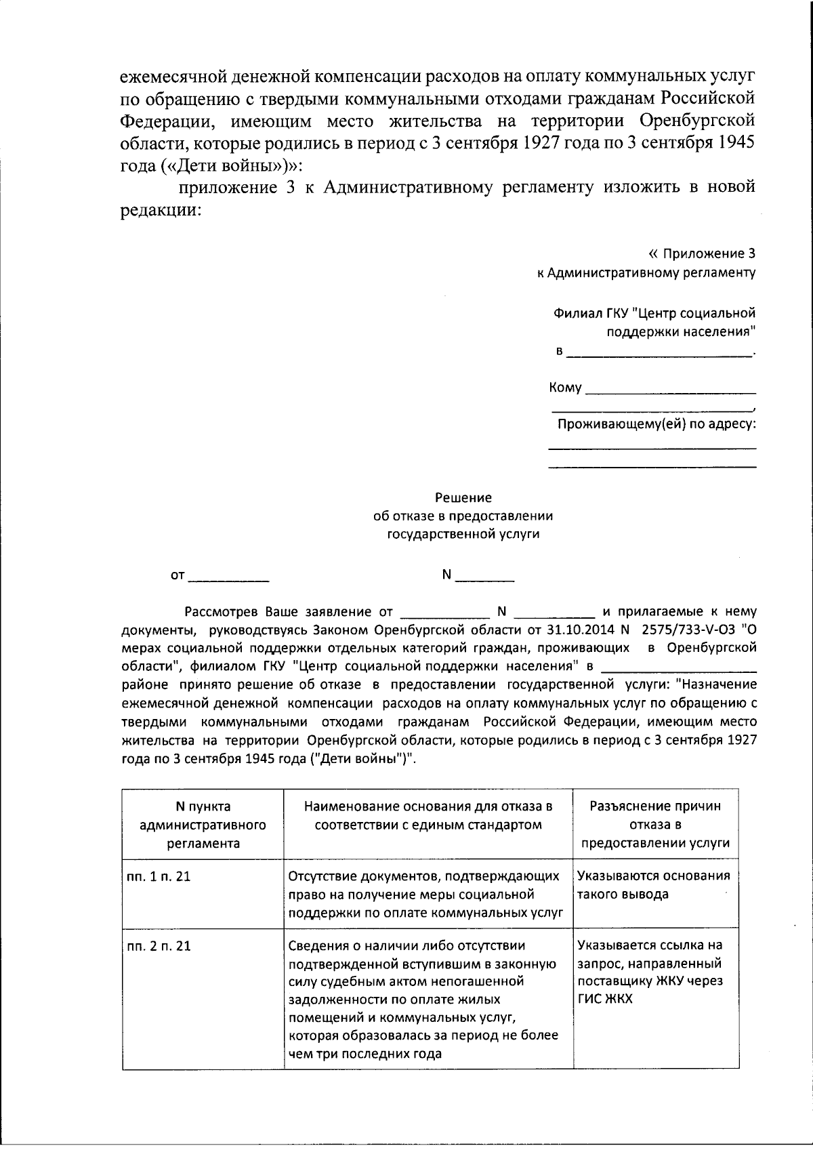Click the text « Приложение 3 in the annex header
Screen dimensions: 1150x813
click(x=701, y=254)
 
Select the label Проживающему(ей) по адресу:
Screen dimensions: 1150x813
click(x=656, y=425)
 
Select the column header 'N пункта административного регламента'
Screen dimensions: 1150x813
click(x=203, y=825)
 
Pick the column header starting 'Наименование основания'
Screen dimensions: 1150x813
click(x=428, y=815)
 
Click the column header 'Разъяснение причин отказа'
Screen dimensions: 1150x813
click(x=655, y=825)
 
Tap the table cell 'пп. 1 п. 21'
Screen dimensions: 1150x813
click(x=159, y=876)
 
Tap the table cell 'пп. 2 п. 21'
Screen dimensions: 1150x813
click(x=159, y=945)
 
